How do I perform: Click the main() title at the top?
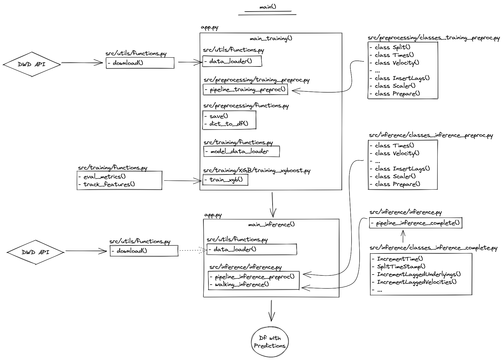(268, 7)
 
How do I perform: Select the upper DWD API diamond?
(32, 64)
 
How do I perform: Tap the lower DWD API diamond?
(36, 252)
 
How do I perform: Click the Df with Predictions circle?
(270, 342)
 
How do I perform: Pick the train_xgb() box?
(226, 180)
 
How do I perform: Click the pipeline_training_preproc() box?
(245, 90)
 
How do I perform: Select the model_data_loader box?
(241, 151)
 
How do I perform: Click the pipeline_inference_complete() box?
(415, 223)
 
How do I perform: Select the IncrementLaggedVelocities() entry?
(417, 282)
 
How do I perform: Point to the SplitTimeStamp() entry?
(401, 267)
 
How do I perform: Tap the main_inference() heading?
(271, 225)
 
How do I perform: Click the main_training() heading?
(271, 39)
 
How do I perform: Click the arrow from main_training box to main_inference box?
(272, 205)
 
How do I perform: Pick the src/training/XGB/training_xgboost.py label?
(257, 171)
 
